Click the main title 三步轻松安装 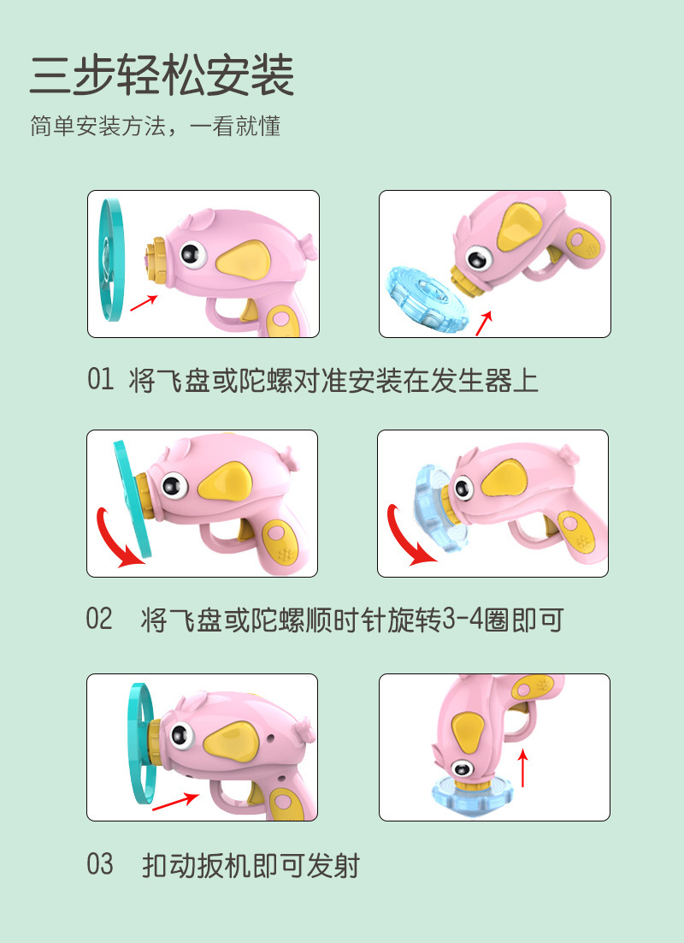(x=162, y=75)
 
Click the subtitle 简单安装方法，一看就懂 (x=155, y=127)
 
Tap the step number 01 (x=100, y=379)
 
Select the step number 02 (x=99, y=619)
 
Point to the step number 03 (x=100, y=864)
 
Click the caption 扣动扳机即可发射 (x=251, y=865)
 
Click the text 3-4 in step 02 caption (x=463, y=620)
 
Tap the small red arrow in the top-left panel (x=144, y=303)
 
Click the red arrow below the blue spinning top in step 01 (x=484, y=323)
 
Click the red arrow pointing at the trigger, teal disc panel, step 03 (x=175, y=801)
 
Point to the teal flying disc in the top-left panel (x=111, y=259)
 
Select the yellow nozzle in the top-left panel (x=155, y=261)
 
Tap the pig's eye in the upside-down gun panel (x=463, y=768)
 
